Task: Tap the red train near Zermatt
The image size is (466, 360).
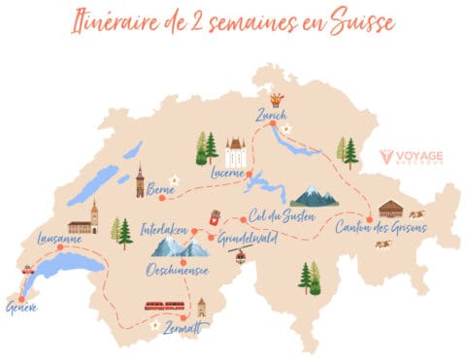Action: tap(165, 308)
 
